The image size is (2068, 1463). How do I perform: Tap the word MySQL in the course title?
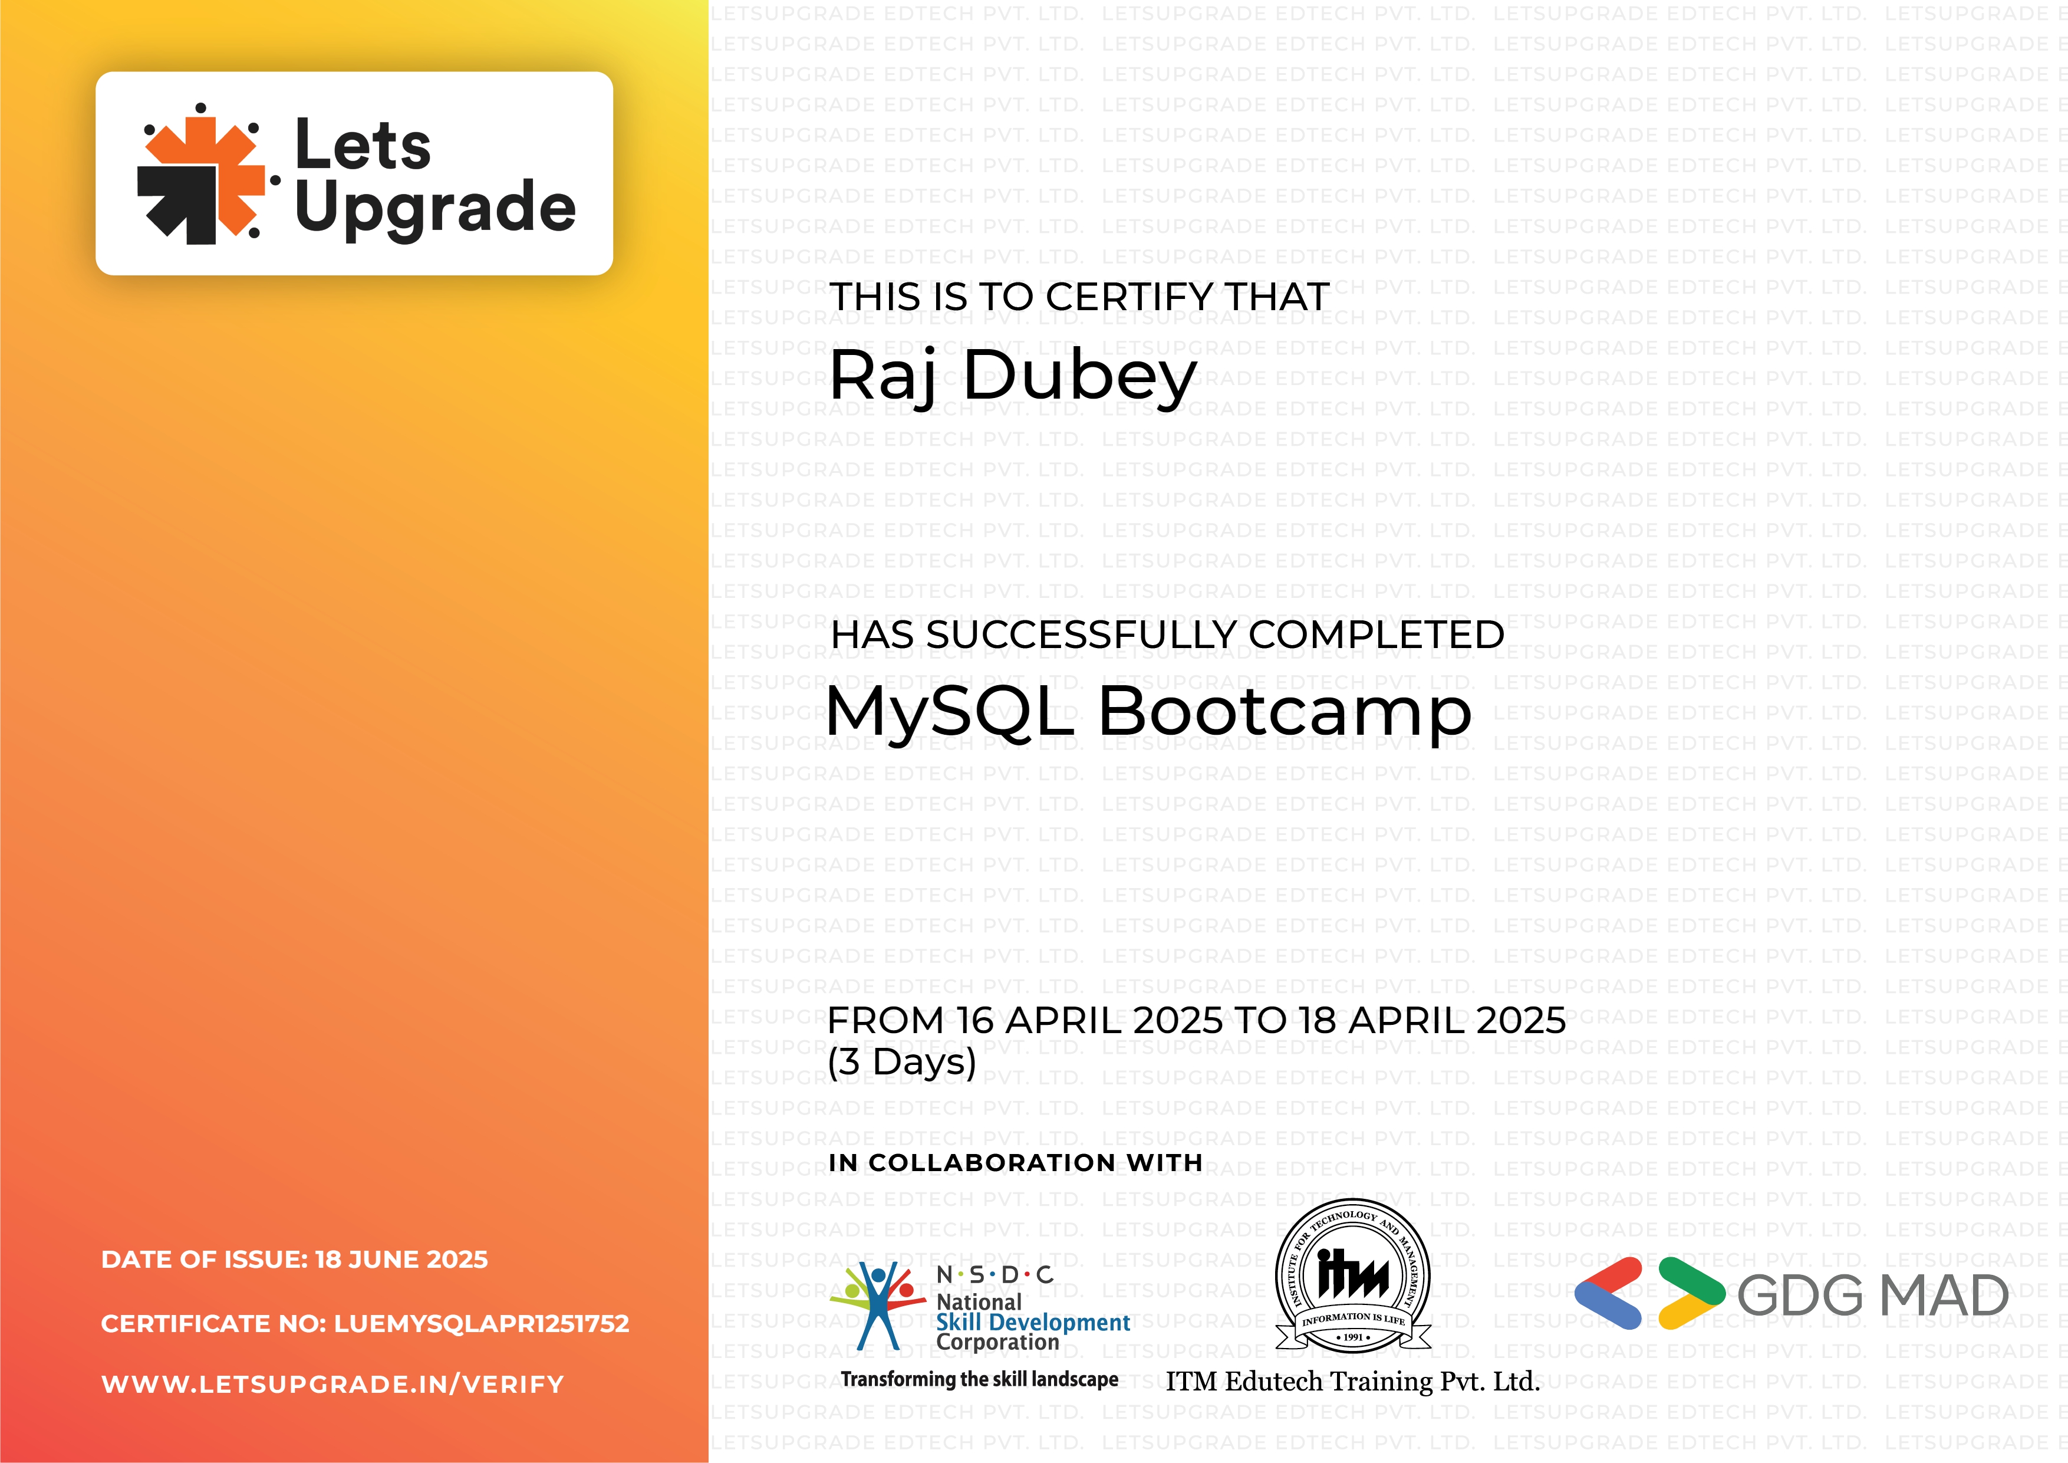950,712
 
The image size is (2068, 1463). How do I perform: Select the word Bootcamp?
1285,712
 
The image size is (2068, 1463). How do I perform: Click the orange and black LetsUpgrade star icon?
202,174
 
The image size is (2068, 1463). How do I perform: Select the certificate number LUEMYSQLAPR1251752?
481,1323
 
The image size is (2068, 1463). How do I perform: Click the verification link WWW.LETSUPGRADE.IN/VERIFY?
332,1385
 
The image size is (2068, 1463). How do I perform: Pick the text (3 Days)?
901,1062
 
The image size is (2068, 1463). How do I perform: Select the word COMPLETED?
1377,635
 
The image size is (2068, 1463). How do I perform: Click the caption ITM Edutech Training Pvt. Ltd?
1352,1381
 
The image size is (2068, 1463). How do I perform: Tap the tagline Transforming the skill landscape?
979,1379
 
